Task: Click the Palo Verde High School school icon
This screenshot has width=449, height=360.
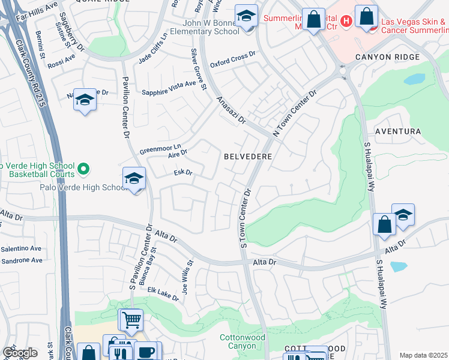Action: click(x=134, y=179)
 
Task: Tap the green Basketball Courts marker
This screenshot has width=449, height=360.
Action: click(x=84, y=170)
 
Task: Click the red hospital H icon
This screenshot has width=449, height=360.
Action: click(x=346, y=22)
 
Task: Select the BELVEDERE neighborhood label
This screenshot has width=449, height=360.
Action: click(x=248, y=156)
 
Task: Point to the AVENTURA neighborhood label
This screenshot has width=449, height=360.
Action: click(x=397, y=131)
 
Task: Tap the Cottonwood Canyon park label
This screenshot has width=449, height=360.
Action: click(x=243, y=342)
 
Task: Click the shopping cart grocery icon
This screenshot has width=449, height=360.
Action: click(x=131, y=319)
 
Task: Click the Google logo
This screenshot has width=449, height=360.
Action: click(x=19, y=353)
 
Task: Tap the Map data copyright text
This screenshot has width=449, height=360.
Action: click(x=423, y=355)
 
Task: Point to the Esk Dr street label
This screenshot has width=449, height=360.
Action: click(x=182, y=173)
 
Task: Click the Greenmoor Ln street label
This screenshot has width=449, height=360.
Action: click(x=160, y=148)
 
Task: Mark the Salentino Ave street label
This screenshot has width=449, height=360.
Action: click(x=21, y=248)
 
